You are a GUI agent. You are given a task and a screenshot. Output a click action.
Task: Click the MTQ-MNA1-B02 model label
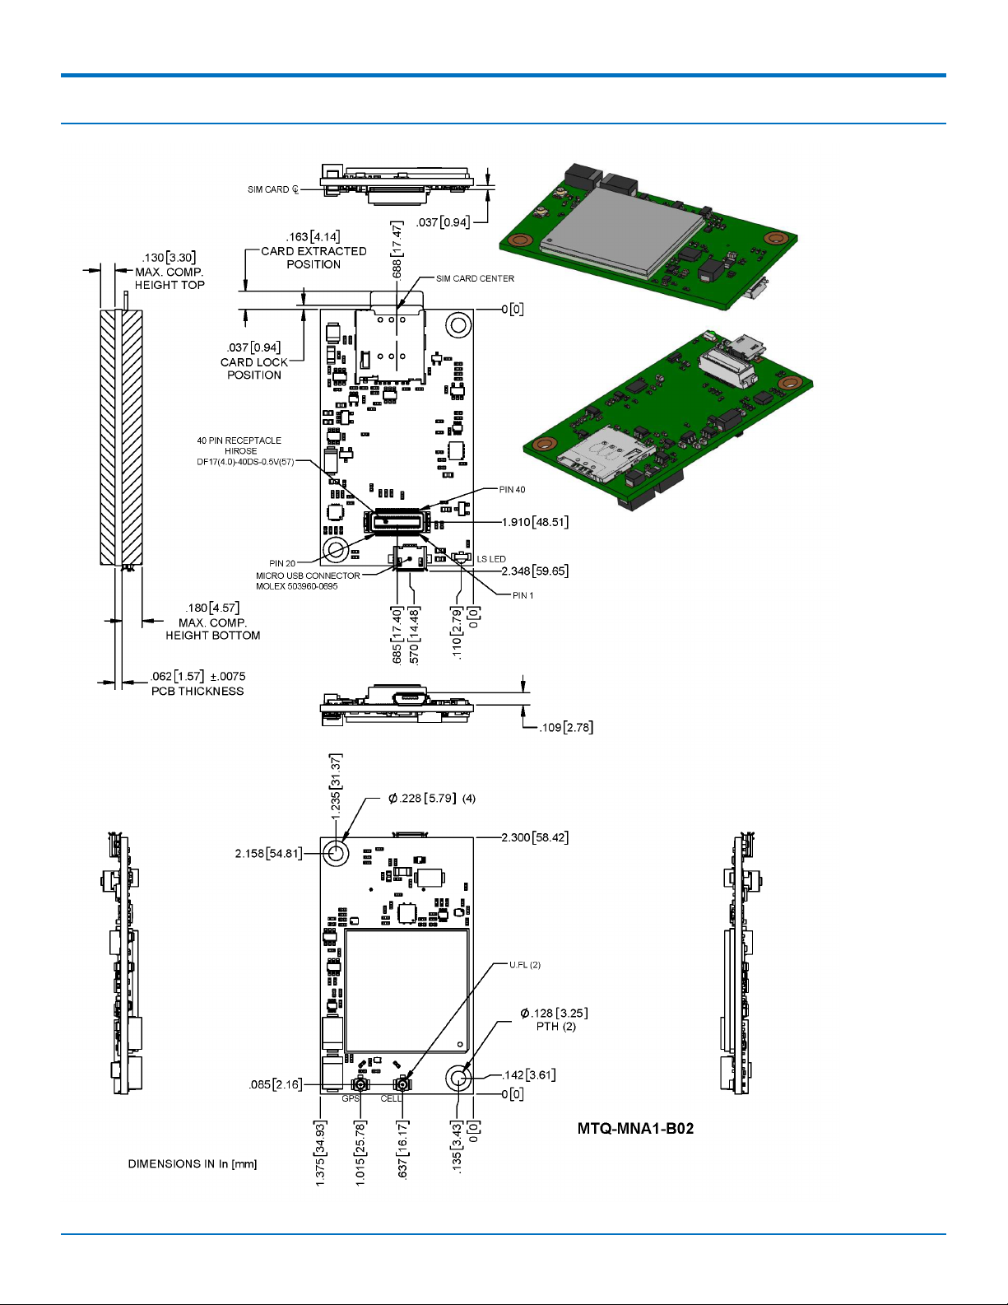pos(635,1129)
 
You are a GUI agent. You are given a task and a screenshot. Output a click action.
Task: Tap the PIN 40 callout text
pos(512,489)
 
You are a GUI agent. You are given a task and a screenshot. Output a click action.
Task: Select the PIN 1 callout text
pos(523,595)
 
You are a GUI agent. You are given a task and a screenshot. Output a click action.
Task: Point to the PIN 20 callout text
pos(282,563)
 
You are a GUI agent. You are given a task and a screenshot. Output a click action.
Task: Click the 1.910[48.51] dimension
pos(535,522)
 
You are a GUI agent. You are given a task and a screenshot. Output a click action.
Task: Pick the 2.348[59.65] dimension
pos(535,571)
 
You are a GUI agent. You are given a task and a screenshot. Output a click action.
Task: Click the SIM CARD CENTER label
pos(475,278)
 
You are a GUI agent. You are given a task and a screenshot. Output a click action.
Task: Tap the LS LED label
pos(490,559)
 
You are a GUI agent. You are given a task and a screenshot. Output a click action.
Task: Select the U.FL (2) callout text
pos(525,965)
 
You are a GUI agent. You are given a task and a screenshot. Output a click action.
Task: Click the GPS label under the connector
pos(351,1098)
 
